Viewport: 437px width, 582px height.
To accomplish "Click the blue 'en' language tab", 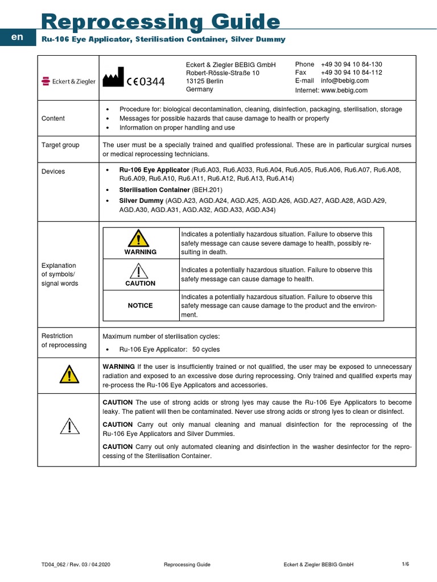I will pos(18,37).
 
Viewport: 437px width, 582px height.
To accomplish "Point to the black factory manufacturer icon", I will pos(113,77).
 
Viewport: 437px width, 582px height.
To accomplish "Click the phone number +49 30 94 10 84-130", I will pos(351,64).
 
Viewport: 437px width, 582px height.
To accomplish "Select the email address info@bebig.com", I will pos(344,81).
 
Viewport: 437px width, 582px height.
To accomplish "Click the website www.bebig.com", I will pos(344,90).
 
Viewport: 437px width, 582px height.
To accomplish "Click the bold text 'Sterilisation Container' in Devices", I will pos(154,189).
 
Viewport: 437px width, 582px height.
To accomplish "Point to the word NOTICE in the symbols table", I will pos(141,306).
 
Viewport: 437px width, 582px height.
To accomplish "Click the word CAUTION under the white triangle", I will pos(141,283).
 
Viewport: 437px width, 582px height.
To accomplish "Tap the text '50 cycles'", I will pos(206,350).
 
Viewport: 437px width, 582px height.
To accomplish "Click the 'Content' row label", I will pos(53,118).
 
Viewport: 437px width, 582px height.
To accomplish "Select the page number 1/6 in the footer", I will pos(405,564).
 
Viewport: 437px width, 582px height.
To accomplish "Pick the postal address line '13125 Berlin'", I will pos(205,81).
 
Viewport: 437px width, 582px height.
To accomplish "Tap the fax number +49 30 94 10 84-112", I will pos(351,73).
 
